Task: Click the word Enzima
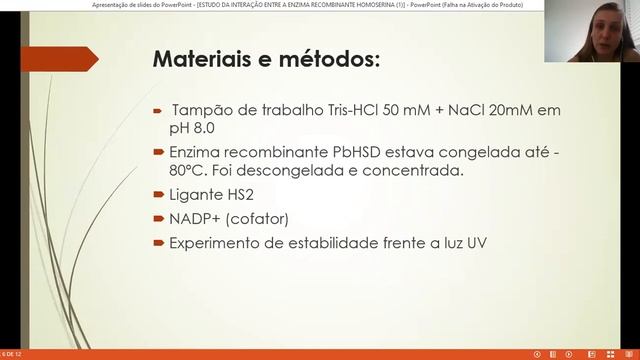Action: click(x=197, y=151)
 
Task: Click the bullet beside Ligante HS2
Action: click(x=158, y=194)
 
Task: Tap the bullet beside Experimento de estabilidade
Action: click(x=158, y=243)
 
